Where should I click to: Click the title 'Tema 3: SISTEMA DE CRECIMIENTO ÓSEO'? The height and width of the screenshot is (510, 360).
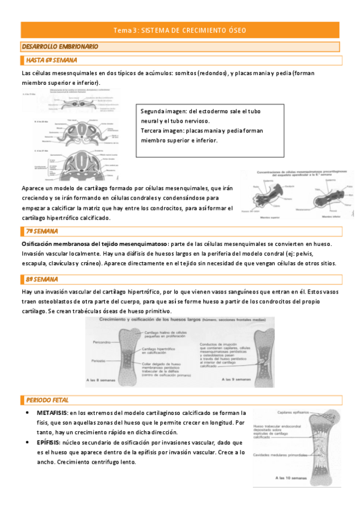(x=180, y=30)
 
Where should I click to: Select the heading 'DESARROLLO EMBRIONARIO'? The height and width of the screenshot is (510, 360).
(x=59, y=46)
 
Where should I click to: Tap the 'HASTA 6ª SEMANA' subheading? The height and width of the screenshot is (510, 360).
(x=52, y=60)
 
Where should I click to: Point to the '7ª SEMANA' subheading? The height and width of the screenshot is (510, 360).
(x=42, y=232)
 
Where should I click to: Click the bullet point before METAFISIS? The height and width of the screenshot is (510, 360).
(x=28, y=413)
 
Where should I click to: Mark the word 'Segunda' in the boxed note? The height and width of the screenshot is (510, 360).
(x=153, y=112)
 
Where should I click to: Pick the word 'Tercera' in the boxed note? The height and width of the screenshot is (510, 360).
(x=152, y=131)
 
